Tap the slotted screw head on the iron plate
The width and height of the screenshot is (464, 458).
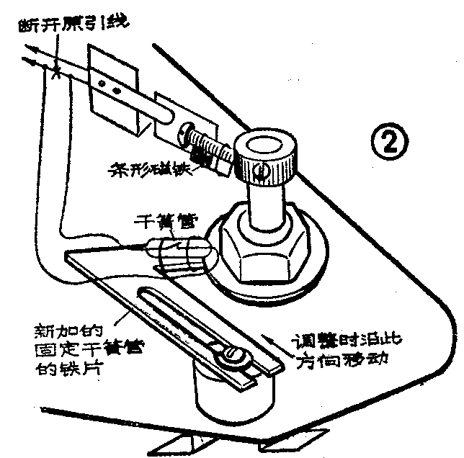[x=232, y=354]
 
